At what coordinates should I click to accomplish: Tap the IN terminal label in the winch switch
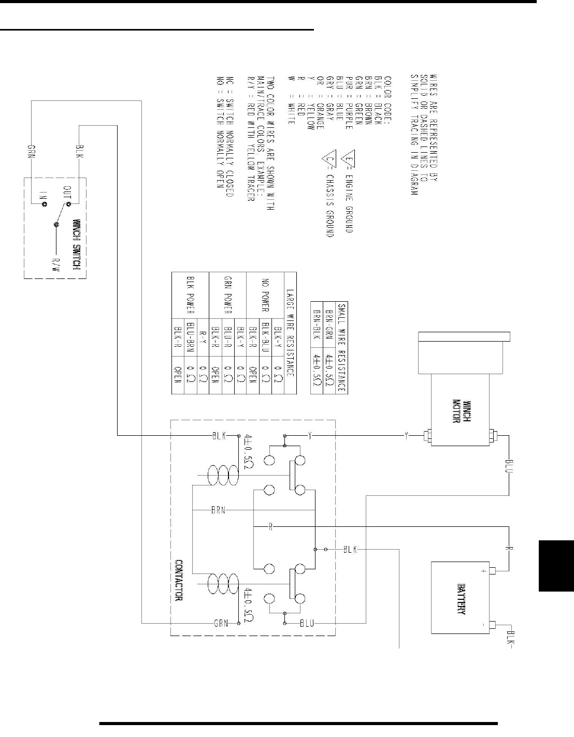(x=44, y=195)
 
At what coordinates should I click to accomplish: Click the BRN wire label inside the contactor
(x=218, y=510)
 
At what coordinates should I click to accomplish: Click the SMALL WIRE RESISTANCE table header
(x=341, y=347)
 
